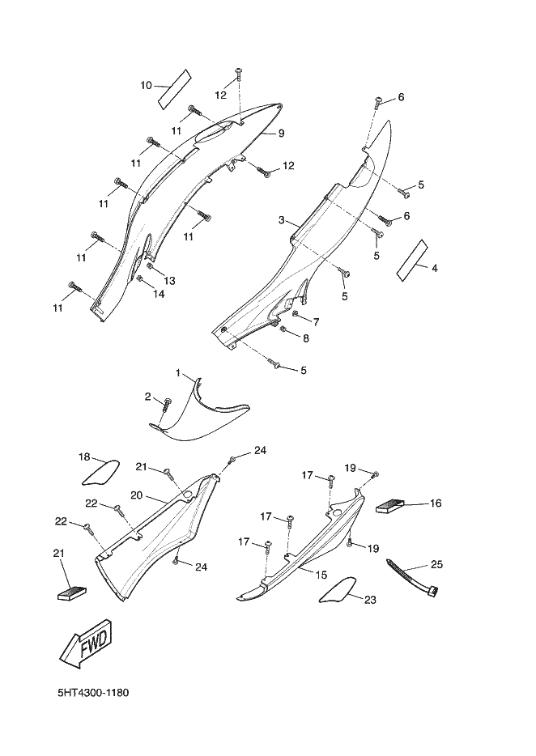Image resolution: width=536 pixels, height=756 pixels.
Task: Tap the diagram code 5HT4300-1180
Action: [x=94, y=694]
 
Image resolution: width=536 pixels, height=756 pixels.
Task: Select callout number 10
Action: [x=146, y=84]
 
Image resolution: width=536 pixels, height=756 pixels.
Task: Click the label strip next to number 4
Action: [x=411, y=261]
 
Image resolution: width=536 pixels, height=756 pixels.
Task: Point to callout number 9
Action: [x=281, y=134]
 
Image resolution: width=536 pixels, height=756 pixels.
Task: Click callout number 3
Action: [x=281, y=220]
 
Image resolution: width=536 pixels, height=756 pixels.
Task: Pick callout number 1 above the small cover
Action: [x=179, y=374]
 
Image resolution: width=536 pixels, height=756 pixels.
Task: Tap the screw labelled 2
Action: [x=167, y=403]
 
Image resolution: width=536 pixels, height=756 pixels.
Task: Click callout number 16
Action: [x=435, y=503]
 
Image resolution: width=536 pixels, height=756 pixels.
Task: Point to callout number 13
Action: [x=169, y=280]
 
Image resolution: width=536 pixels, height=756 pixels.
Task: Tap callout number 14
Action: [x=159, y=295]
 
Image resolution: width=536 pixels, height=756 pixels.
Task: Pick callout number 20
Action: [x=137, y=495]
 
